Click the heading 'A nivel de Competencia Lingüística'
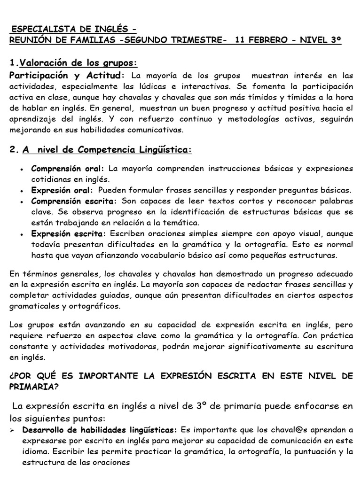click(x=107, y=150)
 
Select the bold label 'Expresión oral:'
click(x=63, y=190)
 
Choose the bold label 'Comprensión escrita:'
click(x=74, y=201)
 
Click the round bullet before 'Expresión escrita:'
click(x=23, y=234)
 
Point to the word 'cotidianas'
click(x=50, y=179)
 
